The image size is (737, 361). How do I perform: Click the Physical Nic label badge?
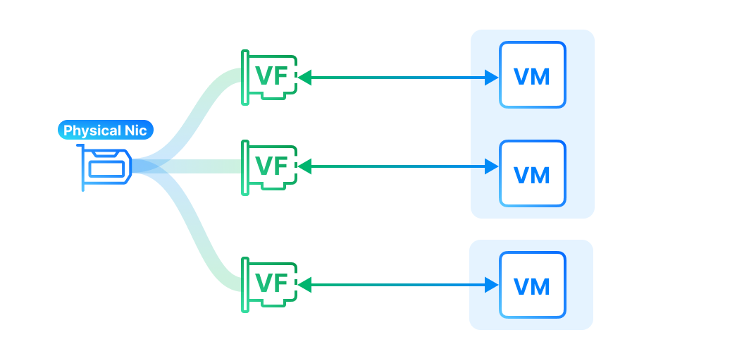click(x=105, y=130)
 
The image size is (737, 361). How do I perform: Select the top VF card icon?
click(x=268, y=78)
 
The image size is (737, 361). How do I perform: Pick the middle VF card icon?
click(x=268, y=167)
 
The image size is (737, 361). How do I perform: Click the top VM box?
click(x=532, y=75)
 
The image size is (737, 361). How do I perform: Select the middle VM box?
click(x=532, y=173)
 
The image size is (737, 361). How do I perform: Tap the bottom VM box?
click(x=532, y=286)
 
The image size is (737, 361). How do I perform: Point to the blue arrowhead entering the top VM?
click(x=492, y=78)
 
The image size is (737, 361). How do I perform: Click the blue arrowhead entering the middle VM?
click(x=492, y=167)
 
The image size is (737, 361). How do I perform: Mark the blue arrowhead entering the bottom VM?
click(x=492, y=285)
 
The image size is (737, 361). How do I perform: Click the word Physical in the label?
click(x=91, y=130)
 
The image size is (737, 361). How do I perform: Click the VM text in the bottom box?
click(x=532, y=286)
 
